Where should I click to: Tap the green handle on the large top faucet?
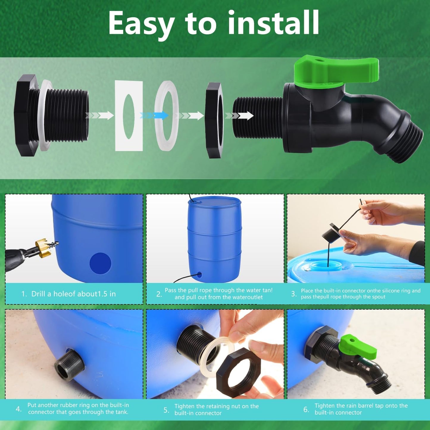(336, 70)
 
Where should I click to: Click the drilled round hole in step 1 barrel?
(100, 263)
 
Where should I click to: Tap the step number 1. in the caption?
(24, 294)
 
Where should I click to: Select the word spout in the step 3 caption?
(378, 297)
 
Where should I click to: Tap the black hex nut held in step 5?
(238, 372)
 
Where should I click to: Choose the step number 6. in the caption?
(306, 409)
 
